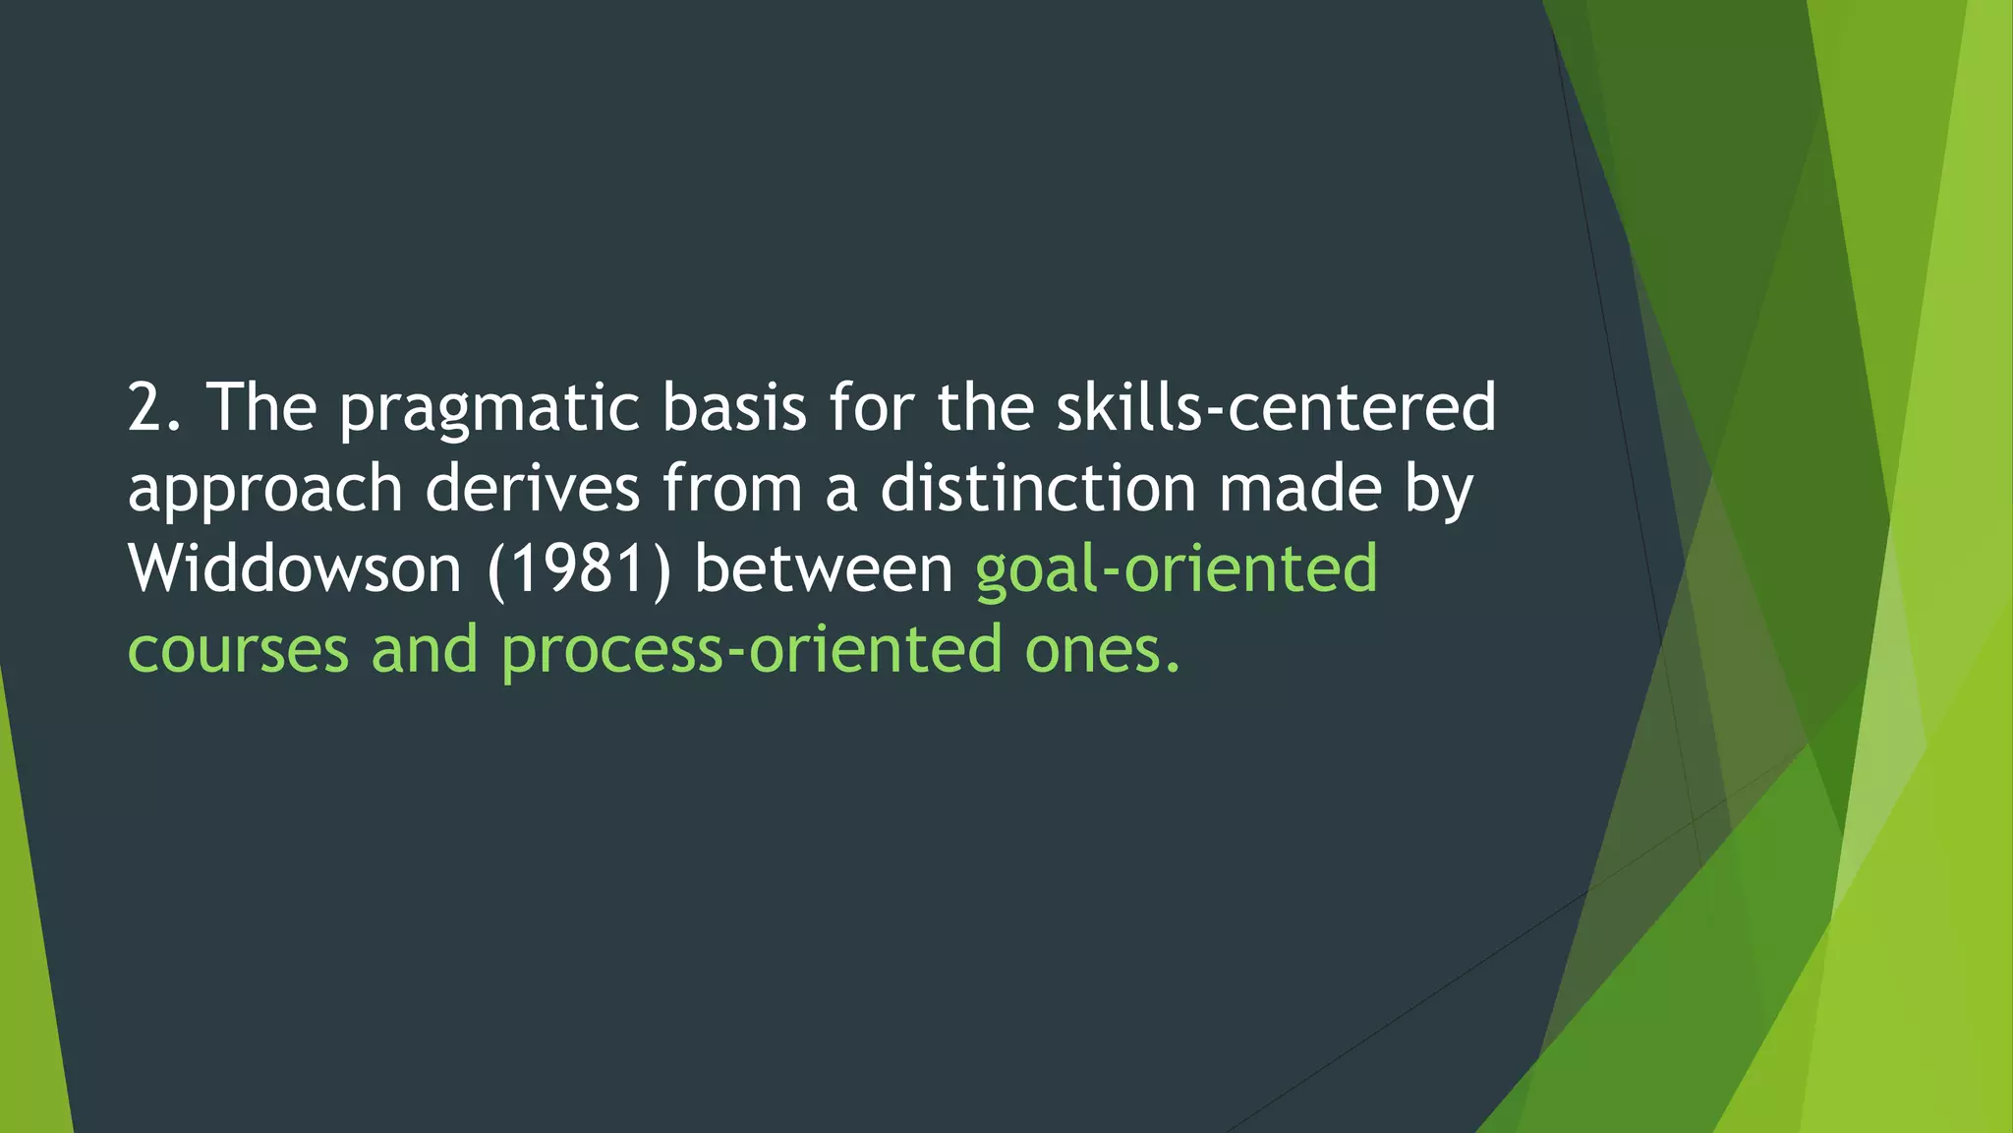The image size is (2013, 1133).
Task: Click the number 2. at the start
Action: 154,407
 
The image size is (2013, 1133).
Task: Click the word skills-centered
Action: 1276,407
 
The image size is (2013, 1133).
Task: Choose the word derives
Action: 532,488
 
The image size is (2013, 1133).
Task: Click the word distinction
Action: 1038,488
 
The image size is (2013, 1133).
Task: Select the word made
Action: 1300,488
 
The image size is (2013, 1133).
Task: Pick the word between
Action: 824,568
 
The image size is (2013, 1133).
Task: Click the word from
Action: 732,488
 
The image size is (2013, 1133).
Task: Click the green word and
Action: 424,649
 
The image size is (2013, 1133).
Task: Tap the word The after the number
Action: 260,407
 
